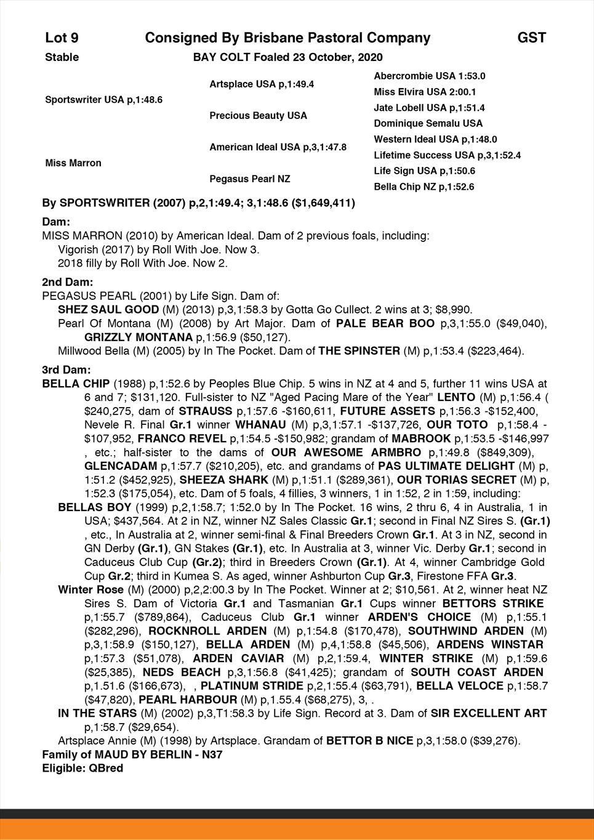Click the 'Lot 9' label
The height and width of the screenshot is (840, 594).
tap(62, 38)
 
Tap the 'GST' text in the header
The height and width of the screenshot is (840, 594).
tap(531, 38)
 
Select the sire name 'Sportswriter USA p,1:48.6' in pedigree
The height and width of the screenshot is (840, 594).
tap(104, 100)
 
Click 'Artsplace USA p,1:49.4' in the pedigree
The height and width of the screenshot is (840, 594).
tap(262, 84)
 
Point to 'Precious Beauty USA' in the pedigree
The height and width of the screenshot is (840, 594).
tap(258, 116)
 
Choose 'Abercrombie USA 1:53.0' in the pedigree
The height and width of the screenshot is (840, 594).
tap(430, 76)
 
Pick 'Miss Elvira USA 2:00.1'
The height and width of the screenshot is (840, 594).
tap(425, 92)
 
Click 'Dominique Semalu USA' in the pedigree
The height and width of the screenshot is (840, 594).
tap(428, 124)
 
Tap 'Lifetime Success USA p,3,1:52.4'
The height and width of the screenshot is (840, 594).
tap(448, 156)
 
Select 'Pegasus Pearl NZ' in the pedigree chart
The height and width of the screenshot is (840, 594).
tap(250, 179)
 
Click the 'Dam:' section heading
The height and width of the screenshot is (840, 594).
tap(56, 222)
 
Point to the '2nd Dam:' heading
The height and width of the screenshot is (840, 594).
tap(68, 283)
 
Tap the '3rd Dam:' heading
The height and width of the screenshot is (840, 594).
tap(66, 370)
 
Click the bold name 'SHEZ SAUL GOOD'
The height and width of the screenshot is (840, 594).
tap(108, 310)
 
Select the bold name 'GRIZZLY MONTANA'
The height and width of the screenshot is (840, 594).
tap(138, 337)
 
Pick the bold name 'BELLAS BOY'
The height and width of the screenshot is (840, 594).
tap(95, 507)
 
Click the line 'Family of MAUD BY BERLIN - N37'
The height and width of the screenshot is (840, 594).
tap(132, 754)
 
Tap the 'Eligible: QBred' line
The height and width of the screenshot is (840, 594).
tap(82, 768)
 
